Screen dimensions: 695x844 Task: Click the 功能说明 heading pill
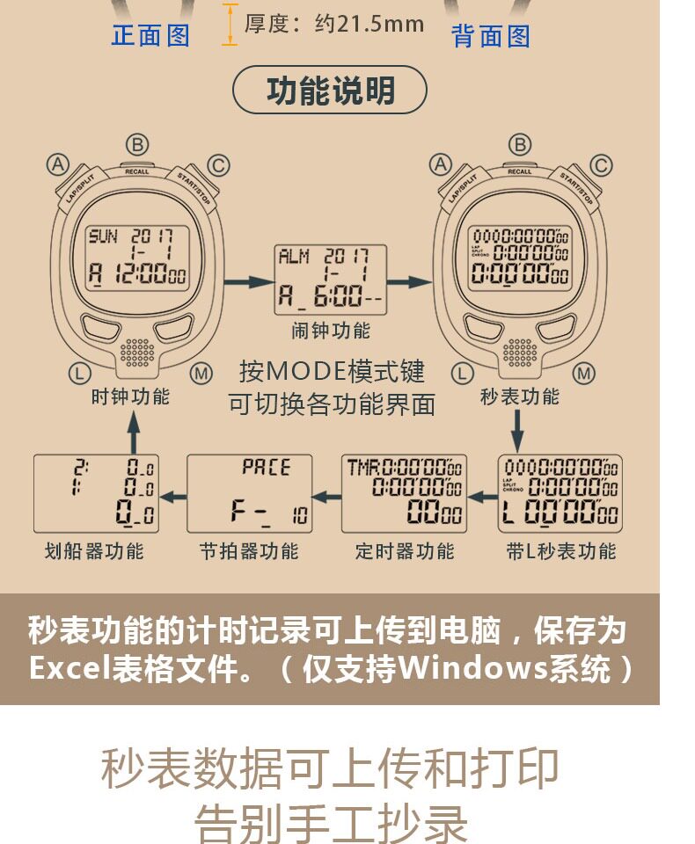(330, 91)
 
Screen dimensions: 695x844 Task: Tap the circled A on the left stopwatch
(58, 164)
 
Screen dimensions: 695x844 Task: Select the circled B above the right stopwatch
(520, 144)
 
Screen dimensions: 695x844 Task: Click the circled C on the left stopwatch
(218, 164)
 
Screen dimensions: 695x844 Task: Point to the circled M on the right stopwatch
(584, 375)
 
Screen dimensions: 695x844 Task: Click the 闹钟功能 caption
(331, 331)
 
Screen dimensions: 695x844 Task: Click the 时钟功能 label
(130, 397)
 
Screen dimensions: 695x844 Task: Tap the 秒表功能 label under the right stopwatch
(520, 397)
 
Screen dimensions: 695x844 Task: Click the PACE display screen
(251, 494)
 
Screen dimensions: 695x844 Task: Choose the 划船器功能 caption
(94, 551)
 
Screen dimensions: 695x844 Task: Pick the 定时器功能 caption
(405, 551)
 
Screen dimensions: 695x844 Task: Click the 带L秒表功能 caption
(561, 551)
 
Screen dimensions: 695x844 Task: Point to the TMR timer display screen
(405, 494)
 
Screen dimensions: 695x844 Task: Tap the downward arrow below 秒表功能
(518, 432)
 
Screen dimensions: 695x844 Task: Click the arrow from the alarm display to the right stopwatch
(409, 281)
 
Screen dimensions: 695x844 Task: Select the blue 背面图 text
(491, 36)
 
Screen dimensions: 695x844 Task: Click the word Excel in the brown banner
(69, 669)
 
